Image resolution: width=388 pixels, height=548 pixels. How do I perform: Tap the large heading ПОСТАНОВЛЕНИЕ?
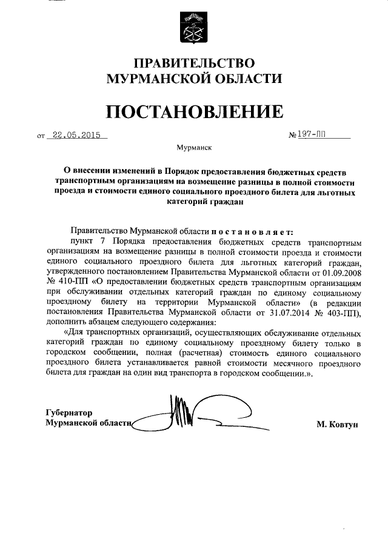tap(194, 111)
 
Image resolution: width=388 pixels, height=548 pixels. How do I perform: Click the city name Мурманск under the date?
tap(194, 147)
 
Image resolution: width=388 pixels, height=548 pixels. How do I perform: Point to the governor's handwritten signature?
tap(182, 414)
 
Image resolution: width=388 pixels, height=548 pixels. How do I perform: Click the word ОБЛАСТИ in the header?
tap(251, 79)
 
